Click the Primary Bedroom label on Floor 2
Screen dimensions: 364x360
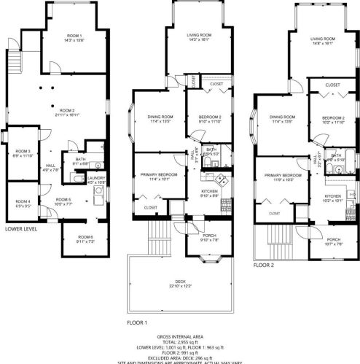(283, 176)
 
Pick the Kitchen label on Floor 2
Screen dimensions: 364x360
(333, 196)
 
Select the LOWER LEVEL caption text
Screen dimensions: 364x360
(21, 228)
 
